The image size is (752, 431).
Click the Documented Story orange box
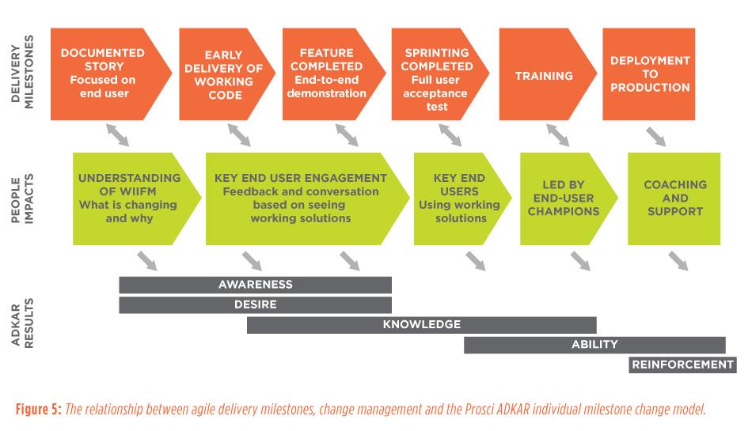click(105, 74)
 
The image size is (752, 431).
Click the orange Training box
click(545, 74)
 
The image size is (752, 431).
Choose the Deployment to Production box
click(649, 74)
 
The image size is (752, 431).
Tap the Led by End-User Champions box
click(565, 198)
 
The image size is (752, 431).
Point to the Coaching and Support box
click(674, 198)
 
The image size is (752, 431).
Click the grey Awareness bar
click(255, 285)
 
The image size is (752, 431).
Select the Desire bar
click(255, 305)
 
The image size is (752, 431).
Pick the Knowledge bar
click(422, 325)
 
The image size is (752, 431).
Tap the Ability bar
click(594, 346)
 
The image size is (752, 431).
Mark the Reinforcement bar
click(682, 365)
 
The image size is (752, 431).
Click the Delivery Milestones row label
click(22, 72)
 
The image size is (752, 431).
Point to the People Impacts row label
click(22, 198)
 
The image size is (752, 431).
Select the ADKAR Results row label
click(22, 323)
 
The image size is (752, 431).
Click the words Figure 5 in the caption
click(38, 410)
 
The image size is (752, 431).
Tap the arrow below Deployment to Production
click(655, 137)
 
